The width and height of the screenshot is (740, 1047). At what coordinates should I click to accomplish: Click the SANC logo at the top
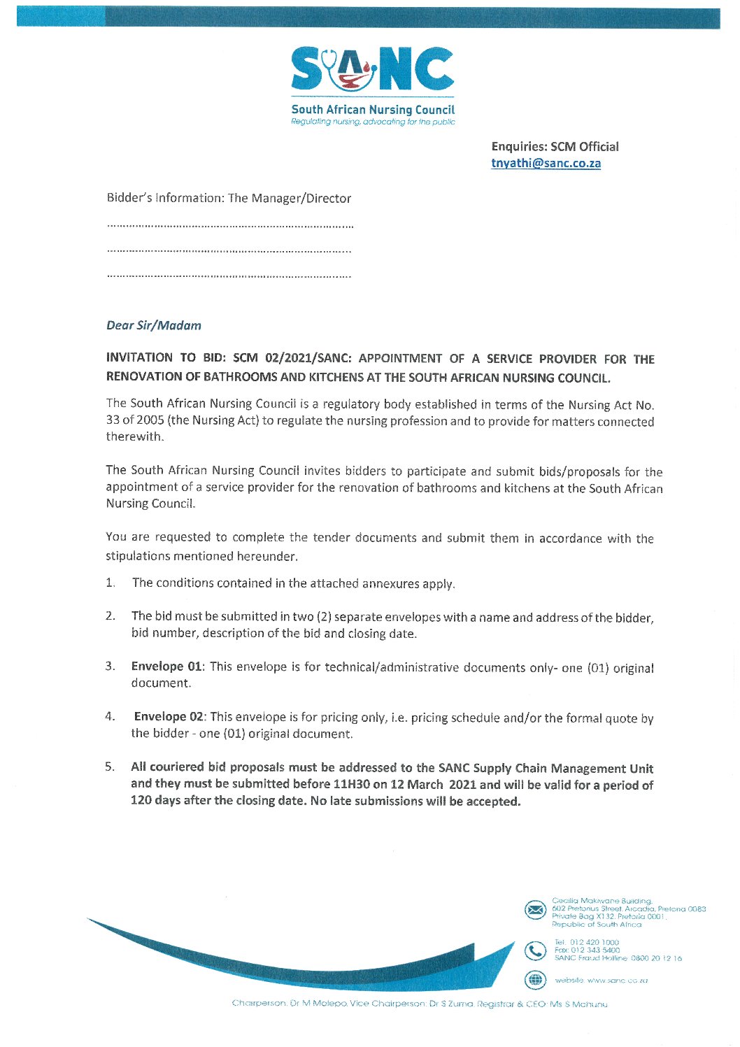pos(372,70)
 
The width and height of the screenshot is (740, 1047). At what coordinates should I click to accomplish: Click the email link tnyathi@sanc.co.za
pos(546,164)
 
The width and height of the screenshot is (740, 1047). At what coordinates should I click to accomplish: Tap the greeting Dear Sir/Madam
pos(154,325)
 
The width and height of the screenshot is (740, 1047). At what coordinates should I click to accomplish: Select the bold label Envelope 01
pos(166,667)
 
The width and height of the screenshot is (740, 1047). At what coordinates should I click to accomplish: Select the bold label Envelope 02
pos(169,717)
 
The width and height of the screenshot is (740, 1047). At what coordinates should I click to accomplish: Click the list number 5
pos(110,767)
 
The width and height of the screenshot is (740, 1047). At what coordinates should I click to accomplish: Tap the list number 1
pos(110,583)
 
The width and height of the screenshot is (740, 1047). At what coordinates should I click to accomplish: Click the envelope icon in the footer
pos(535,910)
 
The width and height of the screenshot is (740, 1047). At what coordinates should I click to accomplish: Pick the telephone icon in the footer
pos(535,951)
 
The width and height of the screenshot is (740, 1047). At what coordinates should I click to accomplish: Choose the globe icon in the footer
pos(535,980)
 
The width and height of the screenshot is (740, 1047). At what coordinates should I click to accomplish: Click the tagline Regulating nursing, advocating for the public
pos(373,122)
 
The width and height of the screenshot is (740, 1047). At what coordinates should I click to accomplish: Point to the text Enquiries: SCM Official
pos(555,147)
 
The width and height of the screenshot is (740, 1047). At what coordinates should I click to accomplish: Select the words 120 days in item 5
pos(155,801)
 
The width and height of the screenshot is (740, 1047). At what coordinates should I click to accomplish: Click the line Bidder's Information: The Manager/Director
pos(229,199)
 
